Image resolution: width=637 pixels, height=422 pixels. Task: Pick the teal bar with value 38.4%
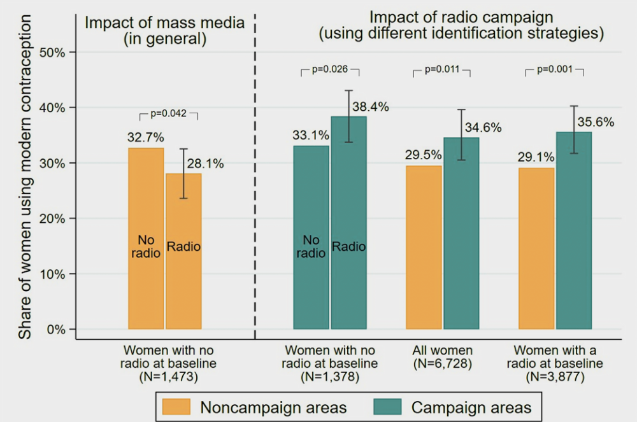[x=348, y=223]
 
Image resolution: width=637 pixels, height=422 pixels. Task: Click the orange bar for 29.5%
[x=424, y=248]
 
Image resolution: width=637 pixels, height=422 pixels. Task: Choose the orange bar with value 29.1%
[x=536, y=248]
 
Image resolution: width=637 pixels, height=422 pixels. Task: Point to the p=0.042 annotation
[x=168, y=114]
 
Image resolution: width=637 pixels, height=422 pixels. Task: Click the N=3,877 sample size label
[x=555, y=377]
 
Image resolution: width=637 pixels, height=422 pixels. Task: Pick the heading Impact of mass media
[x=165, y=24]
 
